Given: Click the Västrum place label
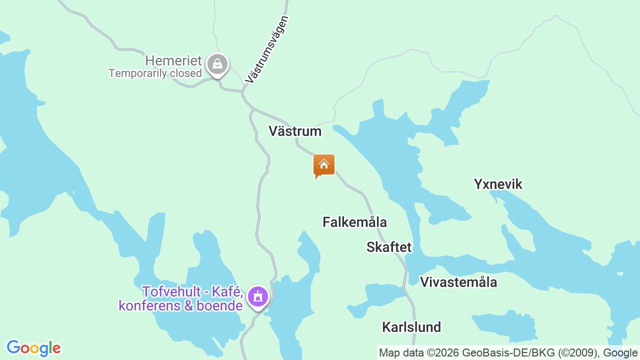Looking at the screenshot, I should [x=295, y=131].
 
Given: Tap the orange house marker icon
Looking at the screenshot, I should [x=324, y=165].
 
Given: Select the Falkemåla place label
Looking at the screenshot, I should [x=354, y=222].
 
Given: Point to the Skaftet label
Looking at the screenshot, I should [x=389, y=247].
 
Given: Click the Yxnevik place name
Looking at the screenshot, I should [x=498, y=184].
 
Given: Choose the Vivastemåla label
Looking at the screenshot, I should [x=458, y=282].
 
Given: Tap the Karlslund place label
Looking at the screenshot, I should [x=411, y=327].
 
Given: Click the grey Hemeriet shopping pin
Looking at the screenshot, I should [x=217, y=64].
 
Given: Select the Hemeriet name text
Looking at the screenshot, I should [x=173, y=61].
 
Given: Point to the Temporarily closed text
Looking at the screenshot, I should [x=155, y=73].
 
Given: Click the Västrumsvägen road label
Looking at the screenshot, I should [x=267, y=49].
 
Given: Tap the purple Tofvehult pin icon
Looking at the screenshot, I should [x=258, y=296].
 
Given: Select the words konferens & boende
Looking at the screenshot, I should [x=180, y=305].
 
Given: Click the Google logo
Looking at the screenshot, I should [x=33, y=348].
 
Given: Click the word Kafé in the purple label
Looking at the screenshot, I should [x=227, y=291].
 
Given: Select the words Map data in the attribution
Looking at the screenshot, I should [x=399, y=353].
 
